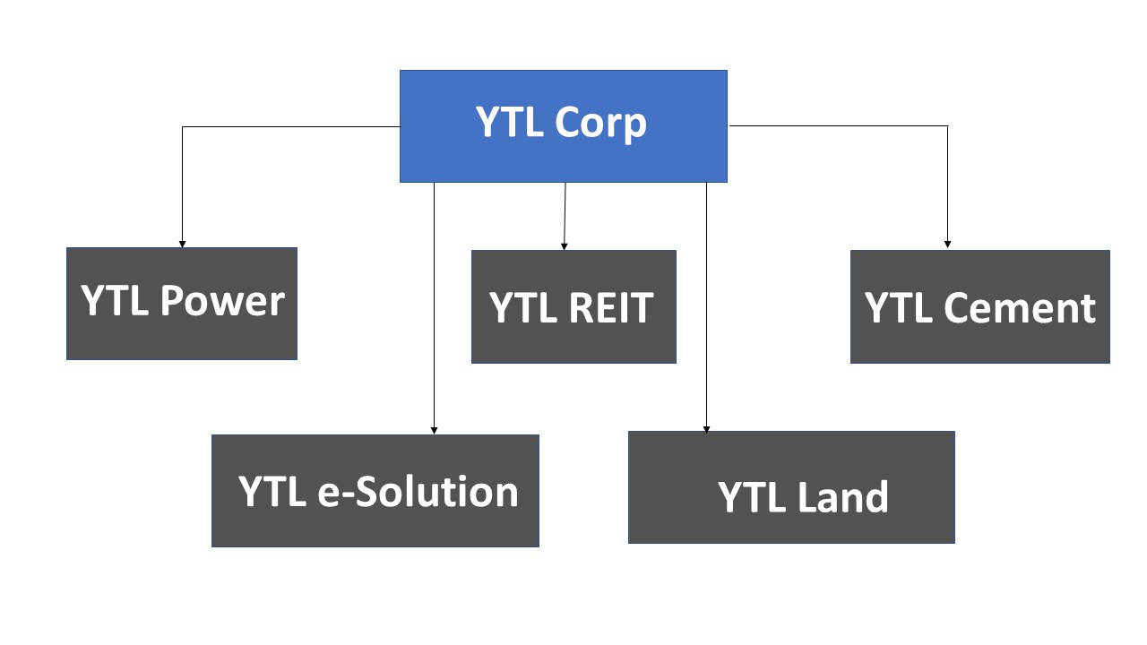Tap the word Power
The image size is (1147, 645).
pyautogui.click(x=222, y=301)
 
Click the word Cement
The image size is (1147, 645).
pyautogui.click(x=1020, y=307)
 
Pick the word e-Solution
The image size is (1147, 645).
pyautogui.click(x=418, y=492)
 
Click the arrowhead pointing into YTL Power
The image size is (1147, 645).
pyautogui.click(x=183, y=244)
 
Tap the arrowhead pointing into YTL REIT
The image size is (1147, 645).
pyautogui.click(x=564, y=245)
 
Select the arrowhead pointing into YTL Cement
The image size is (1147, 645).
pyautogui.click(x=947, y=244)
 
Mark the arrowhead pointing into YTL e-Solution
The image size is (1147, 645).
pyautogui.click(x=435, y=430)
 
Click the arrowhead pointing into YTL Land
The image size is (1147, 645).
pyautogui.click(x=706, y=430)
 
